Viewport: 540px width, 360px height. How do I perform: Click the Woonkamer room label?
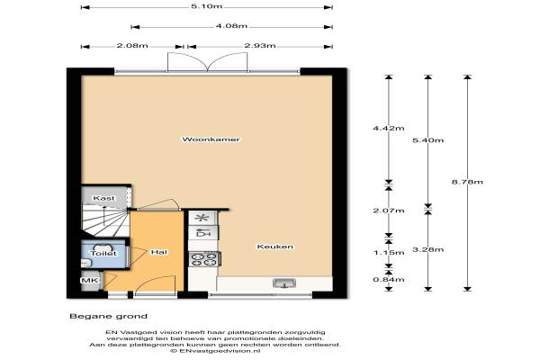[x=211, y=139]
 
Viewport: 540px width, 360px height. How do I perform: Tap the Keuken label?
[x=275, y=247]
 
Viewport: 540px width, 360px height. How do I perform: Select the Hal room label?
[x=159, y=252]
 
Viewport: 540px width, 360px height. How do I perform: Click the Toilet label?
[x=103, y=253]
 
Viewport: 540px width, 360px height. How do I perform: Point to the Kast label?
[x=103, y=198]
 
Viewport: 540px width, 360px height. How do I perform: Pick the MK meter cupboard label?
[x=89, y=281]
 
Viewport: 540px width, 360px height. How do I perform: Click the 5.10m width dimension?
[x=207, y=6]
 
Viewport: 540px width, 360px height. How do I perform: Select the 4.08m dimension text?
[x=231, y=26]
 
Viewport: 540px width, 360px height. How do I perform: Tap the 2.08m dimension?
[x=132, y=46]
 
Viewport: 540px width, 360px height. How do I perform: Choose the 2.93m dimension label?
[x=260, y=46]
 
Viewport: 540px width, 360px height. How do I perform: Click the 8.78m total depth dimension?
[x=467, y=182]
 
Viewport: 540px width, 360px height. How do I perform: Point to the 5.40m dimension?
[x=428, y=140]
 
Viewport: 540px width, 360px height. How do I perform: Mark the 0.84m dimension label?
[x=389, y=279]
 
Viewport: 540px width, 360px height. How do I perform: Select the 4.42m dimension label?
[x=389, y=128]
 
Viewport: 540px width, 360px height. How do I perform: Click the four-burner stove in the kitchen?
[x=204, y=259]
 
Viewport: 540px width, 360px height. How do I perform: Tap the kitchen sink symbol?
[x=284, y=283]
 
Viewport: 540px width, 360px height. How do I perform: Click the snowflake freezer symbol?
[x=202, y=218]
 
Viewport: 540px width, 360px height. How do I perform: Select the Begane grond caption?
[x=109, y=316]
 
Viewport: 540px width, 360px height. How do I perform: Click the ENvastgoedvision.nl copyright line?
[x=215, y=351]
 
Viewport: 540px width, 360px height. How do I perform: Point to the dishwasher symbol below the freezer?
[x=203, y=233]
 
